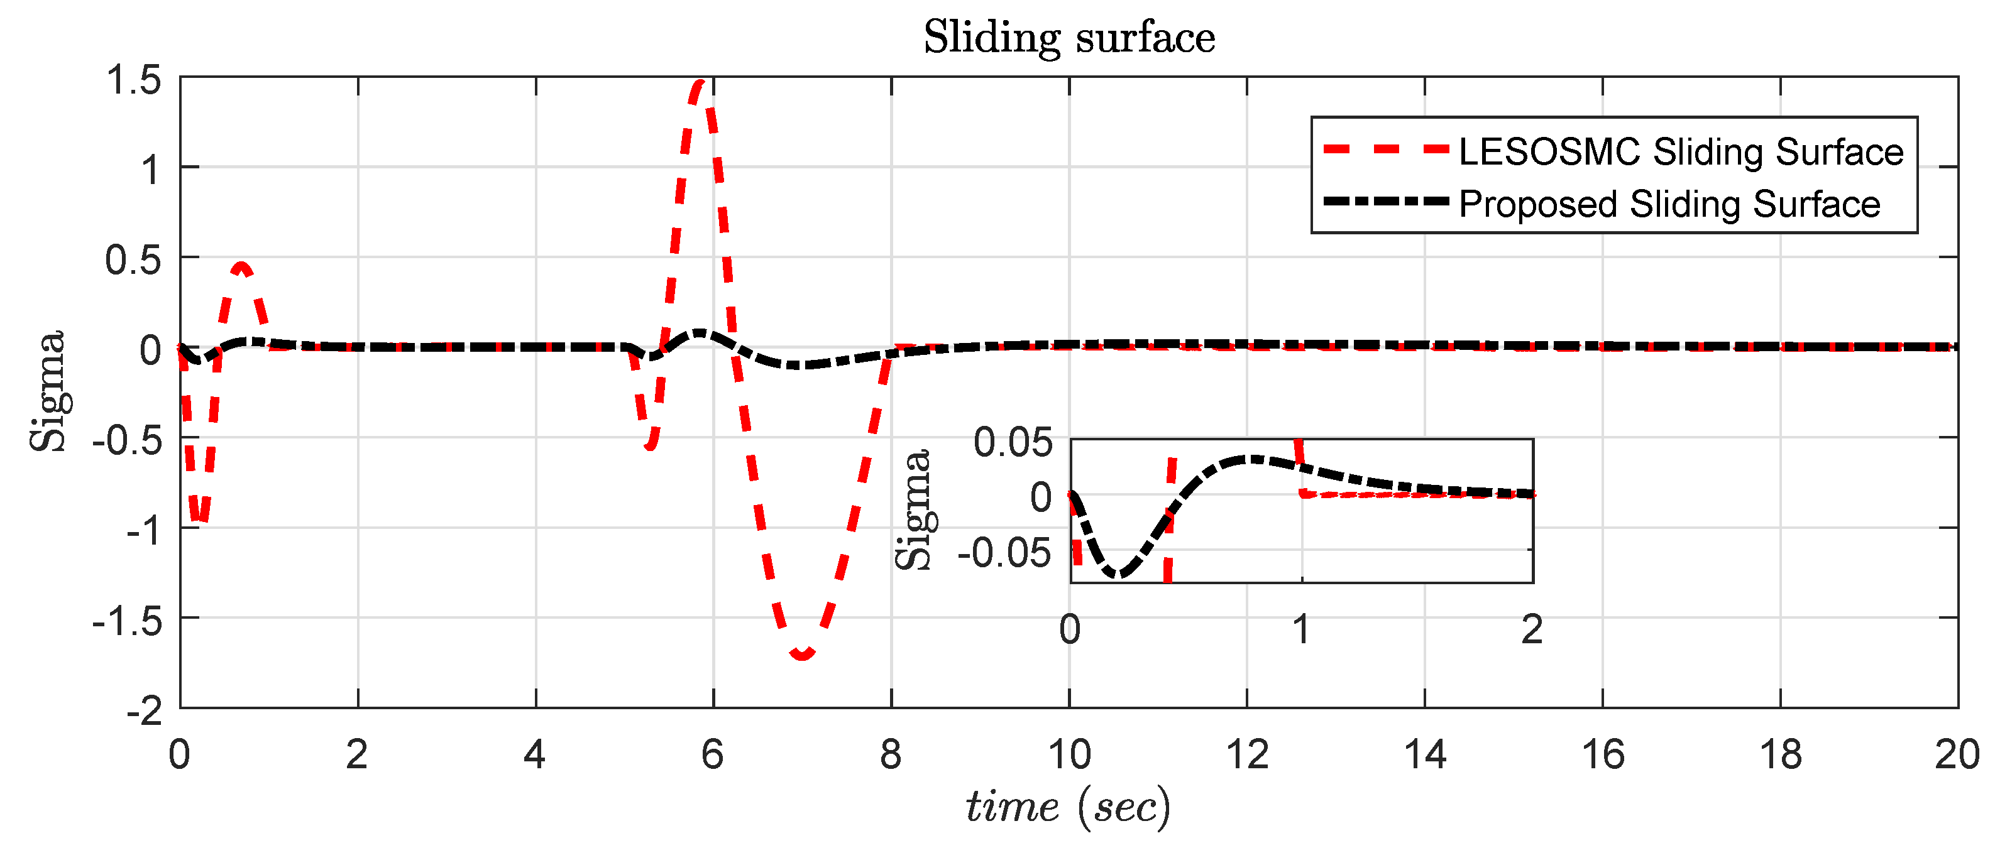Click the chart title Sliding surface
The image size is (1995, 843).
[x=1069, y=37]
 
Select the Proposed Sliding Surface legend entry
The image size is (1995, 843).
[x=1669, y=204]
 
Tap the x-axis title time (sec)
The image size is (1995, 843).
[x=1069, y=807]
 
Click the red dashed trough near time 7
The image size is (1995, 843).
[x=802, y=656]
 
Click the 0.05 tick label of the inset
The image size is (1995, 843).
[x=1013, y=442]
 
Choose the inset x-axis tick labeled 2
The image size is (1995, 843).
[x=1532, y=629]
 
